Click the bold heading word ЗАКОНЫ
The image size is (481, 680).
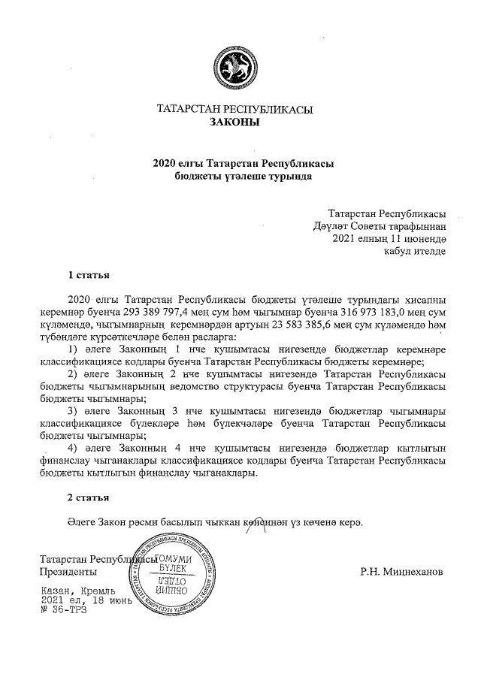pos(234,122)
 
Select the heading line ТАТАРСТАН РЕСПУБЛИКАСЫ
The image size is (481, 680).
pos(234,110)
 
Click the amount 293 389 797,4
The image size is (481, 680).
pos(186,311)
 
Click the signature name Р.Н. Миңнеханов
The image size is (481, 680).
pos(402,572)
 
